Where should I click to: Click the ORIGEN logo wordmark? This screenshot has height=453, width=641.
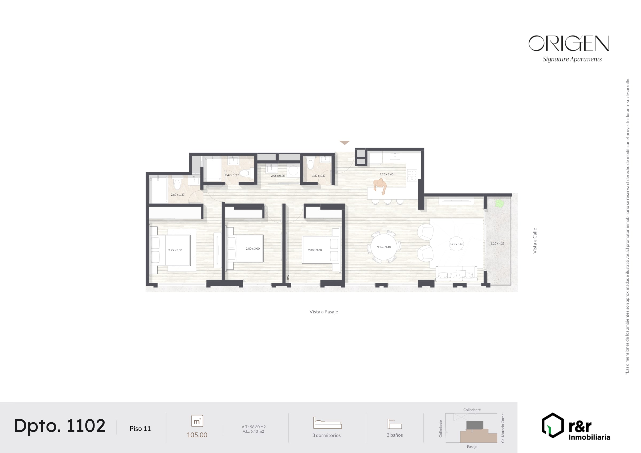tap(569, 43)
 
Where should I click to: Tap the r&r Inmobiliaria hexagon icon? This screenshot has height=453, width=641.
tap(553, 425)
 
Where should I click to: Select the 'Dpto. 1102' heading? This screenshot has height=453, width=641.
tap(60, 426)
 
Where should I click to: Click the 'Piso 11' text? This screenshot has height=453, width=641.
tap(140, 428)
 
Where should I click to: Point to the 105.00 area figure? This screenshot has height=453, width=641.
tap(197, 435)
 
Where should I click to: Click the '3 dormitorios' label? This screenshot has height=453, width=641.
tap(326, 435)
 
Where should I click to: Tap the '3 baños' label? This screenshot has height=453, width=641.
tap(394, 435)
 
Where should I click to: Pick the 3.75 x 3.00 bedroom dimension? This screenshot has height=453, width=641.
tap(175, 250)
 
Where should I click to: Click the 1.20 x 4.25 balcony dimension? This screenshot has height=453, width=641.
tap(498, 243)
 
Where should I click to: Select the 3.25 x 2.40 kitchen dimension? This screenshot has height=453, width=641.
tap(386, 174)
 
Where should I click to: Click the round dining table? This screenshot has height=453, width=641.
tap(384, 247)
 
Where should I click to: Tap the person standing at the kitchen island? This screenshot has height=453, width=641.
tap(380, 186)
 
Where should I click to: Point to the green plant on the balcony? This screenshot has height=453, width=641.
tap(499, 203)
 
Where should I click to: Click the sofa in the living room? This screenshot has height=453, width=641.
tap(456, 273)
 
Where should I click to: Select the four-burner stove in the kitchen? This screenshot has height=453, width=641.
tap(412, 176)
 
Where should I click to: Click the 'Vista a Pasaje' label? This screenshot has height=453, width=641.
tap(323, 312)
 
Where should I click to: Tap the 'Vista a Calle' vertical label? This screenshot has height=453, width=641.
tap(535, 241)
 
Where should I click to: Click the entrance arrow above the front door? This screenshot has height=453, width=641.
tap(345, 143)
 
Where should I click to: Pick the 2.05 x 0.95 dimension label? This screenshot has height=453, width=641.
tap(278, 176)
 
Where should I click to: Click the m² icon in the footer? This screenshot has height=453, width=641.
tap(197, 421)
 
